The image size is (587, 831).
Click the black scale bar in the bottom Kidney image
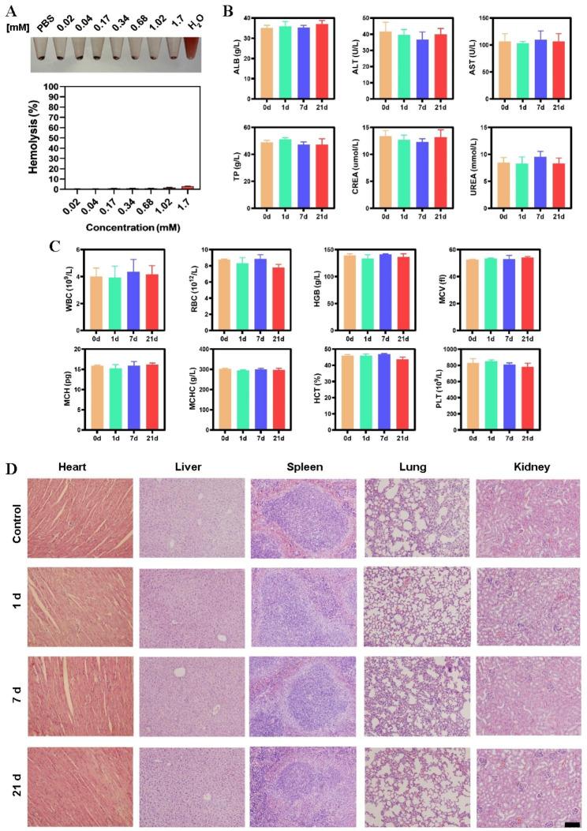tap(572, 824)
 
